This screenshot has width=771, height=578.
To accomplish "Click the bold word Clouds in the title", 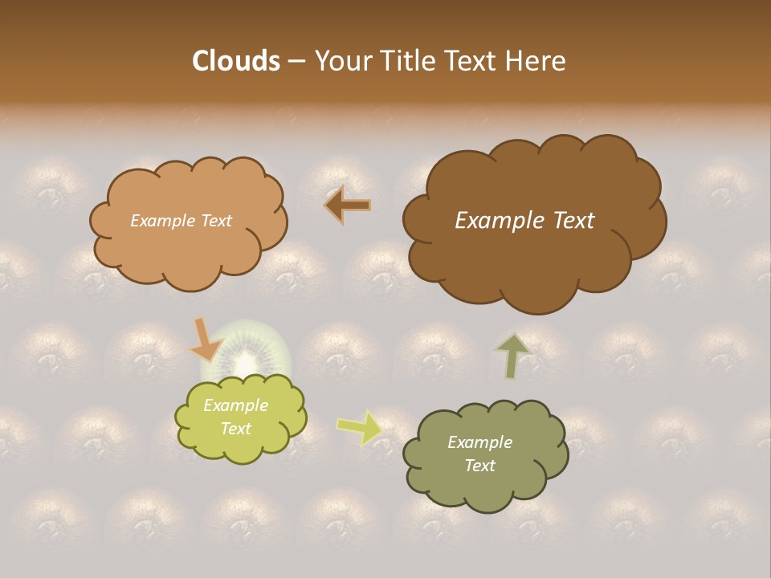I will point(236,61).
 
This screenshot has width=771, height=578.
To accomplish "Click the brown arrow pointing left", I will point(347,206).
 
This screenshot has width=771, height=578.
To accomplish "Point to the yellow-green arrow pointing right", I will point(360,426).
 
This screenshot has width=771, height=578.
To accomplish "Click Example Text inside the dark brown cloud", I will point(524,221).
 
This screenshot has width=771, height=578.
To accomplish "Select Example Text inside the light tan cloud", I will point(181,221).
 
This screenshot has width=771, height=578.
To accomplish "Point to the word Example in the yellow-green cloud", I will point(235,405).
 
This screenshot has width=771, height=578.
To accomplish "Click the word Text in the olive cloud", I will point(479,466).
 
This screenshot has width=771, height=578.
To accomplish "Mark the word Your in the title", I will point(341,61).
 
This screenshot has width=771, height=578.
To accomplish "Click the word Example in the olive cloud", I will point(479,442).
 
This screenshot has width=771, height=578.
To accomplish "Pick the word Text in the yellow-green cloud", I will point(235,429).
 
